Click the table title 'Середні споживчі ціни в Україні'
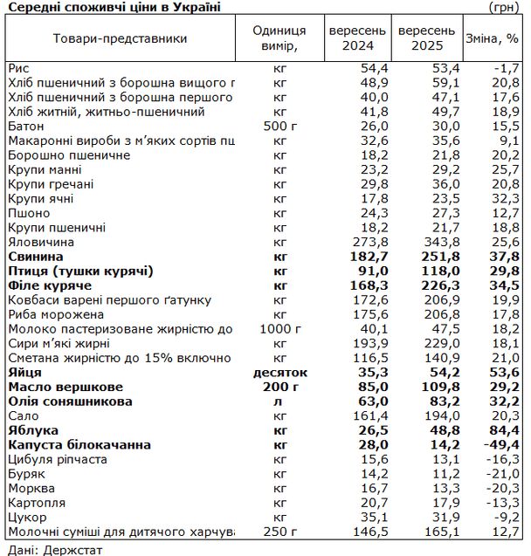[114, 7]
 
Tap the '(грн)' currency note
[510, 7]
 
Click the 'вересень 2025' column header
[425, 38]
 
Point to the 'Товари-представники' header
[120, 39]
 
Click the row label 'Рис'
[17, 68]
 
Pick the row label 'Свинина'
[35, 257]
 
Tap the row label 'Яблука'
[32, 430]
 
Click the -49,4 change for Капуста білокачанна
[504, 445]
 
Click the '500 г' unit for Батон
[279, 126]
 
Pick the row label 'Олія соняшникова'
[70, 402]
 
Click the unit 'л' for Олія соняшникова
[279, 402]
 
